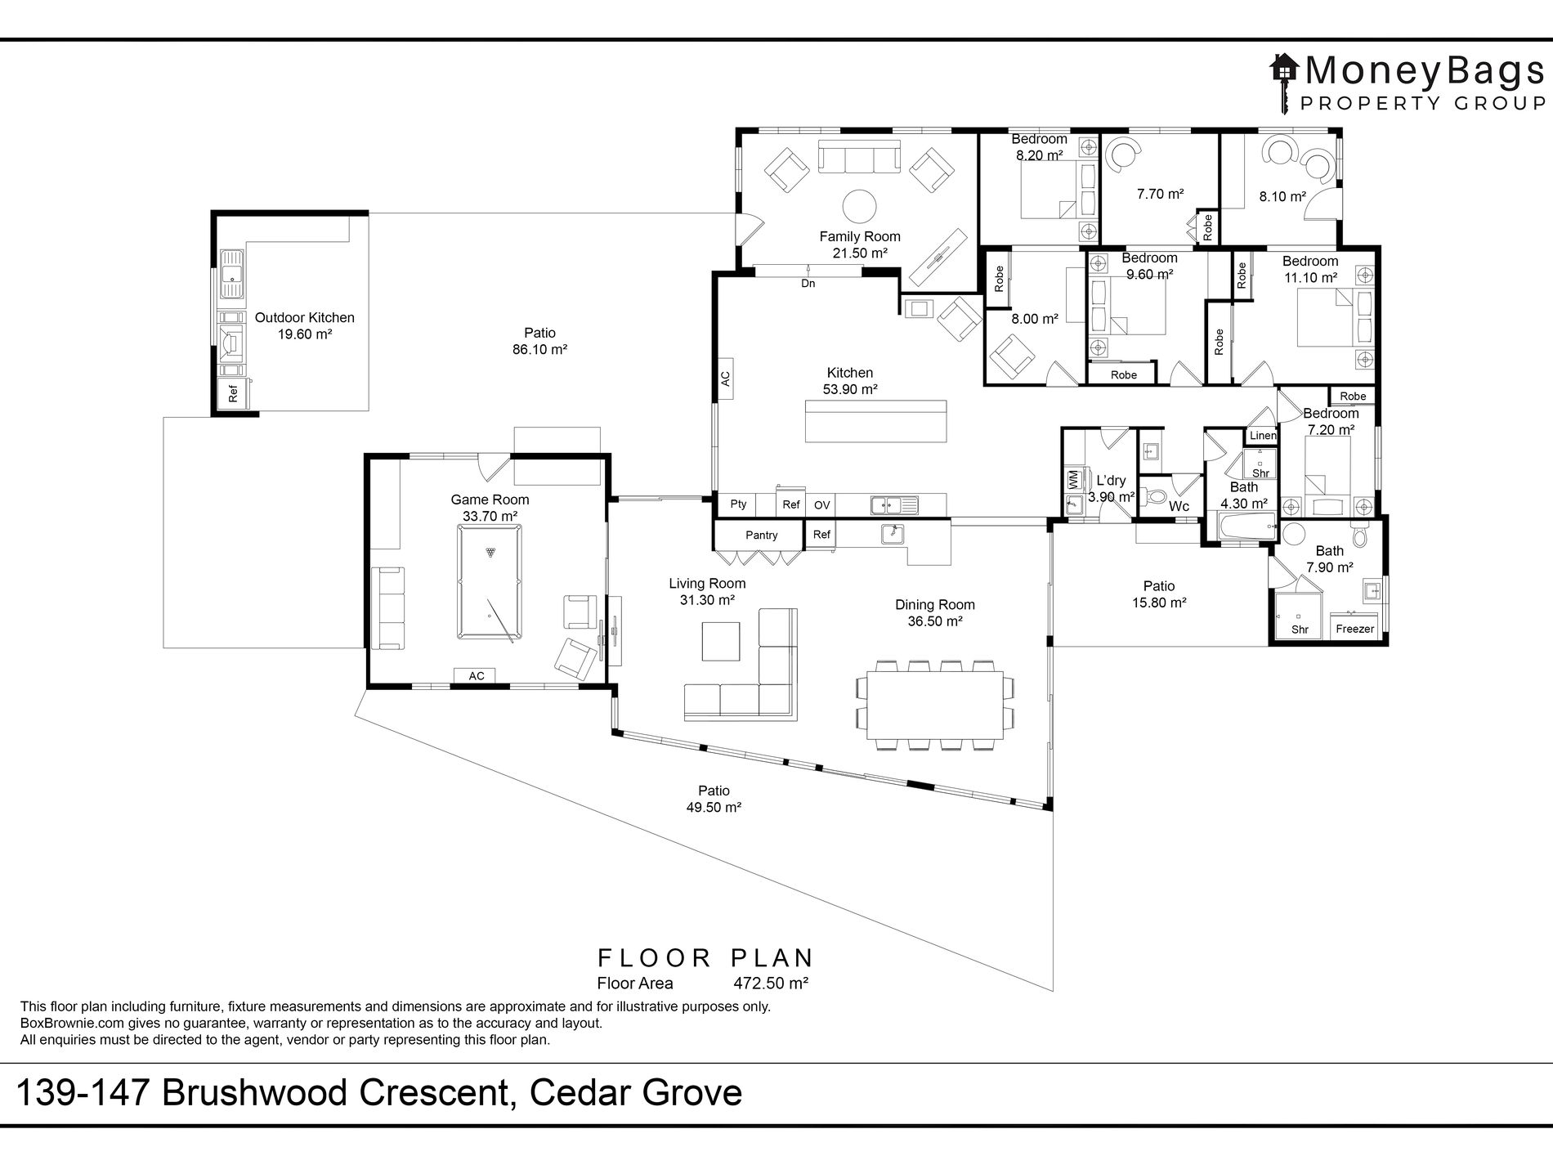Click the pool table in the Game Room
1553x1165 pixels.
(488, 582)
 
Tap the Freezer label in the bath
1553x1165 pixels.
(1354, 629)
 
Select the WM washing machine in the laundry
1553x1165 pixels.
(1073, 480)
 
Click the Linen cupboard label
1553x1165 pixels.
(1263, 436)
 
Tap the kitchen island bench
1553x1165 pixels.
(875, 420)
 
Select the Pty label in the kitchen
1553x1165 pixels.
(739, 504)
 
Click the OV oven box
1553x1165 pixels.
(822, 504)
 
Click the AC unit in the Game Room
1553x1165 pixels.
(477, 675)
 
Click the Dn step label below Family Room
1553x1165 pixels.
(808, 284)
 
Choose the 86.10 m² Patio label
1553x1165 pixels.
(539, 341)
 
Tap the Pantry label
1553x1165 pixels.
(762, 535)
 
